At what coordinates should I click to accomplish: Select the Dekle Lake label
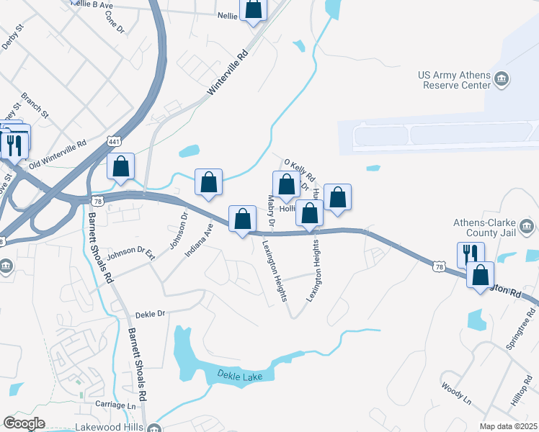[237, 376]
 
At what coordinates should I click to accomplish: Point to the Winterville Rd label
[228, 73]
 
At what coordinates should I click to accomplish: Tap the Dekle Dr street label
[151, 314]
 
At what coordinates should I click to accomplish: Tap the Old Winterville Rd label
[58, 155]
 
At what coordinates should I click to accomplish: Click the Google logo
[24, 423]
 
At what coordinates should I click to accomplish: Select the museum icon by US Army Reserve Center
[503, 78]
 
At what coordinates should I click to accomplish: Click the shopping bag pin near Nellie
[254, 9]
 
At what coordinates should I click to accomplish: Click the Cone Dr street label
[115, 22]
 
